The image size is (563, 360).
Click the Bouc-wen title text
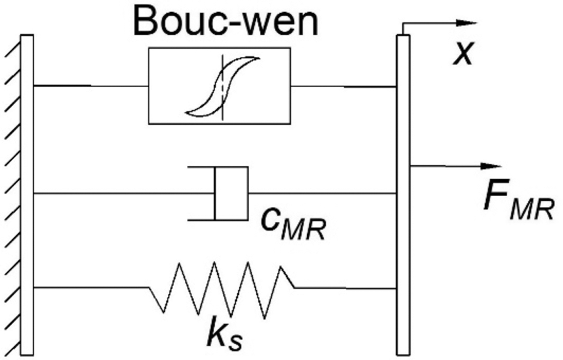pyautogui.click(x=226, y=21)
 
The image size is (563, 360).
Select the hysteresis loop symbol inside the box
pyautogui.click(x=222, y=85)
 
